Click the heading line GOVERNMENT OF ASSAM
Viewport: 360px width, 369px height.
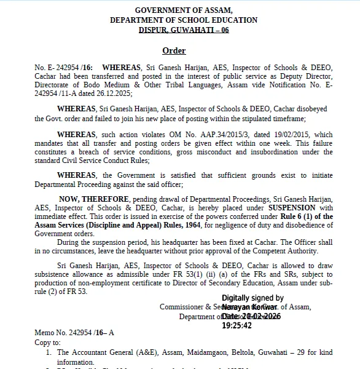click(x=183, y=10)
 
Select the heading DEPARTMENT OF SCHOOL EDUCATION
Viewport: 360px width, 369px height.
click(x=183, y=20)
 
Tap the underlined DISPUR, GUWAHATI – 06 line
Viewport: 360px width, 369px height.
click(x=183, y=29)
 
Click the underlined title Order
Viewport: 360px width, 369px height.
click(x=174, y=50)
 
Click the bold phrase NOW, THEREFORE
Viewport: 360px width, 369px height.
click(x=93, y=199)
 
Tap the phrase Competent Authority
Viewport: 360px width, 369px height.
click(x=288, y=251)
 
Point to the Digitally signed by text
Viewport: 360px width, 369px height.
click(x=252, y=298)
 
